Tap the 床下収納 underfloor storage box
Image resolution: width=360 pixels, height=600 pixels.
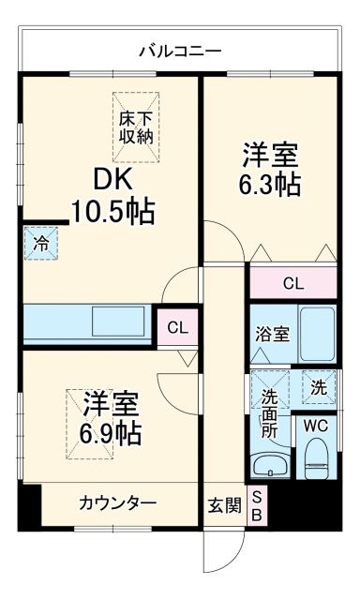pyautogui.click(x=137, y=126)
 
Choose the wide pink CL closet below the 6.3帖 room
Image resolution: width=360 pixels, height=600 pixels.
pyautogui.click(x=292, y=281)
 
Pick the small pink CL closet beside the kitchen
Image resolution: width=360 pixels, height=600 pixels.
pyautogui.click(x=177, y=327)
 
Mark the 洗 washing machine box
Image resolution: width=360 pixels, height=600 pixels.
pyautogui.click(x=319, y=385)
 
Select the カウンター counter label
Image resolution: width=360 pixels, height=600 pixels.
pyautogui.click(x=117, y=504)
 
